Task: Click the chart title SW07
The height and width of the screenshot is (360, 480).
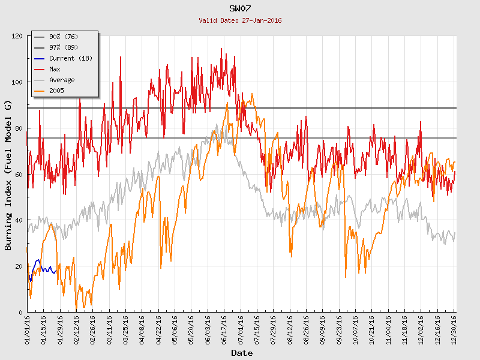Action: pos(240,8)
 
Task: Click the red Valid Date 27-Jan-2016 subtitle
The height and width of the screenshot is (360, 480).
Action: pos(240,20)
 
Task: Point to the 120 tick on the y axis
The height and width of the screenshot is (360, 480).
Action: pos(17,36)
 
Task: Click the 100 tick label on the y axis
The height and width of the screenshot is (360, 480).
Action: pos(17,82)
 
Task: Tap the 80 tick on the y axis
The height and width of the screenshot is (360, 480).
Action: pos(19,128)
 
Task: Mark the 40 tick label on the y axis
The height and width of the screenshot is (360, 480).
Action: pos(19,220)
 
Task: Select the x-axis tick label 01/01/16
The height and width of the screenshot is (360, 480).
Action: pos(28,329)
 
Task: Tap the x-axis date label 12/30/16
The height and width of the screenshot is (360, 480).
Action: pos(455,329)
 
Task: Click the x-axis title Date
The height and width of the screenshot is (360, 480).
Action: pos(242,353)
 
